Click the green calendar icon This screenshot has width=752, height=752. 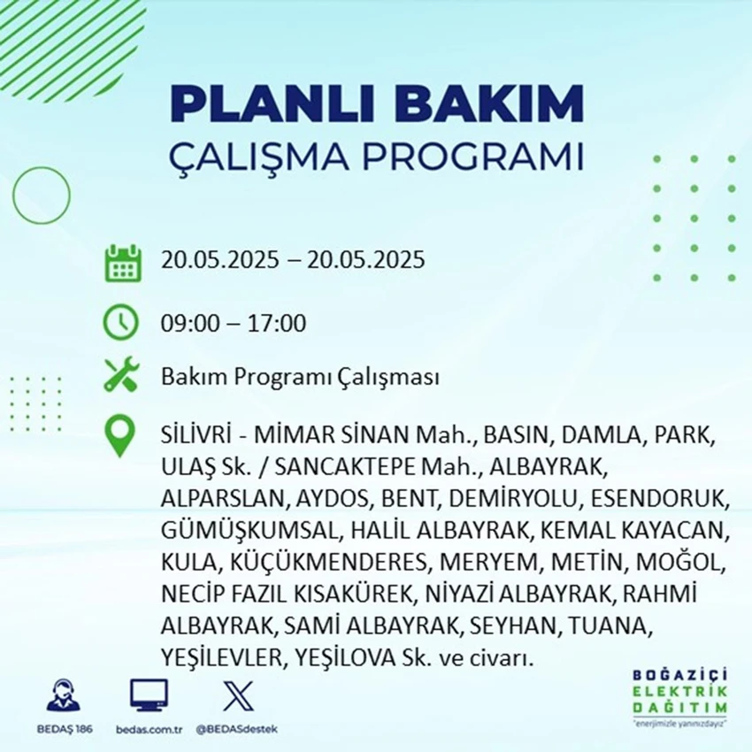coord(123,263)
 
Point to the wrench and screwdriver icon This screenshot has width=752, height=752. coord(121,374)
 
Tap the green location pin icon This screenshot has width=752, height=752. coord(119,436)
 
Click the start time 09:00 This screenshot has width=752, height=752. coord(190,323)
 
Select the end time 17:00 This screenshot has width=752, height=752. coord(277,323)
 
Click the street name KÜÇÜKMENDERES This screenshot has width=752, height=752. coord(328,562)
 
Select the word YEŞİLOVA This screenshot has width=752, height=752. coord(345,657)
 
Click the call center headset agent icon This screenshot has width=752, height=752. coord(64,694)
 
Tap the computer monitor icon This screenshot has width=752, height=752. coord(149,695)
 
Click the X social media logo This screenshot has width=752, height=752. coord(238,696)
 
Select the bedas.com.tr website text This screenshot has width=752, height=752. coord(149,730)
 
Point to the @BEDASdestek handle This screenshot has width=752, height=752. coord(237,730)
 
